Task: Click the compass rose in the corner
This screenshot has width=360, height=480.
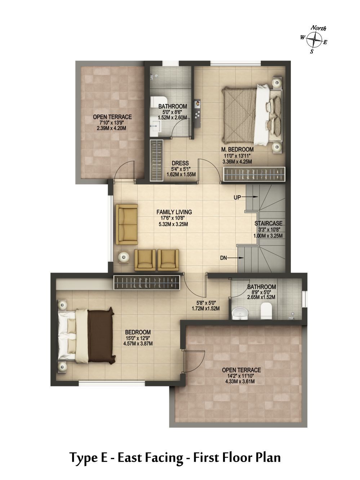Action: coord(315,40)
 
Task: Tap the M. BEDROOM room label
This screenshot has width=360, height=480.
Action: coord(237,149)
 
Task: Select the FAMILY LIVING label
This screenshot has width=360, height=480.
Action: coord(174,212)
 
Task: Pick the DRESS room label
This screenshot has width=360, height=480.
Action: coord(180,163)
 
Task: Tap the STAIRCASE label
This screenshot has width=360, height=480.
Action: coord(268,223)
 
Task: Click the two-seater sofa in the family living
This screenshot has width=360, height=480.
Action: coord(126,224)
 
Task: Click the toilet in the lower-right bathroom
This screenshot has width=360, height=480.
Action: coord(266,311)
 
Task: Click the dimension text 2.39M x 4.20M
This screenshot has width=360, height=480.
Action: coord(111,128)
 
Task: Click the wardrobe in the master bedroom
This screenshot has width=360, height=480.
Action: coord(254,174)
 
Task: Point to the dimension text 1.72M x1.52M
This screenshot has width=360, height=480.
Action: coord(205,309)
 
